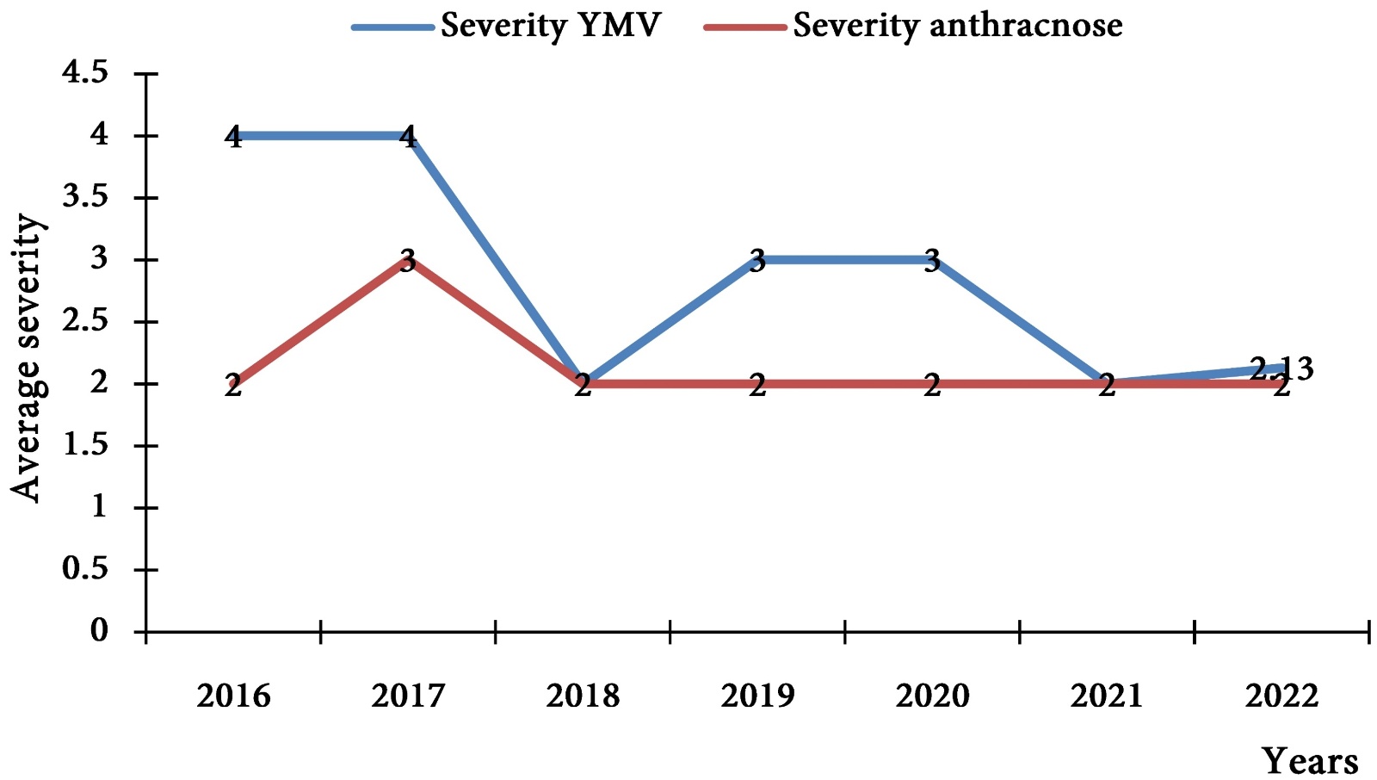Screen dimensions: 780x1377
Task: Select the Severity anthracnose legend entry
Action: pos(912,26)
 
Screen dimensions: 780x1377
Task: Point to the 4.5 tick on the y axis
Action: pos(85,74)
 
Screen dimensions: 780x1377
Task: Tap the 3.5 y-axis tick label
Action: pos(85,198)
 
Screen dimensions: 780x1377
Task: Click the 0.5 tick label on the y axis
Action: pos(85,570)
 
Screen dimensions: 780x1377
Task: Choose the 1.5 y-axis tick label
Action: pos(85,446)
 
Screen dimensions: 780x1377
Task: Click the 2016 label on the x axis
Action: pos(233,696)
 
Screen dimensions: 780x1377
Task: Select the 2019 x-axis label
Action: pos(757,696)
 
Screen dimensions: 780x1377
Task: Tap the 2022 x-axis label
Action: pos(1281,696)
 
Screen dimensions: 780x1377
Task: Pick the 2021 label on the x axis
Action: pos(1107,696)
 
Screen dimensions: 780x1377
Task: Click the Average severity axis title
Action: pos(27,357)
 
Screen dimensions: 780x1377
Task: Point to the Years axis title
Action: pos(1310,762)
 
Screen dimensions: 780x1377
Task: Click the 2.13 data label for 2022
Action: pos(1281,368)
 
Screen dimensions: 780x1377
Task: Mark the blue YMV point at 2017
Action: pos(408,136)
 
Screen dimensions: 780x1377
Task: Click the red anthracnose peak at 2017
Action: pos(408,260)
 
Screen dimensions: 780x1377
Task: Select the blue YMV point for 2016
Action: pos(233,136)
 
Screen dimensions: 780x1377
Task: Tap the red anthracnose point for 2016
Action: pos(233,384)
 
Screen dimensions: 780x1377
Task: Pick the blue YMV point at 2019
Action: pos(757,260)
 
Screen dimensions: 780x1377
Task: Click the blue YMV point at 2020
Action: pos(932,260)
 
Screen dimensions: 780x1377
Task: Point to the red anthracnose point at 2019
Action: pos(757,384)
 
